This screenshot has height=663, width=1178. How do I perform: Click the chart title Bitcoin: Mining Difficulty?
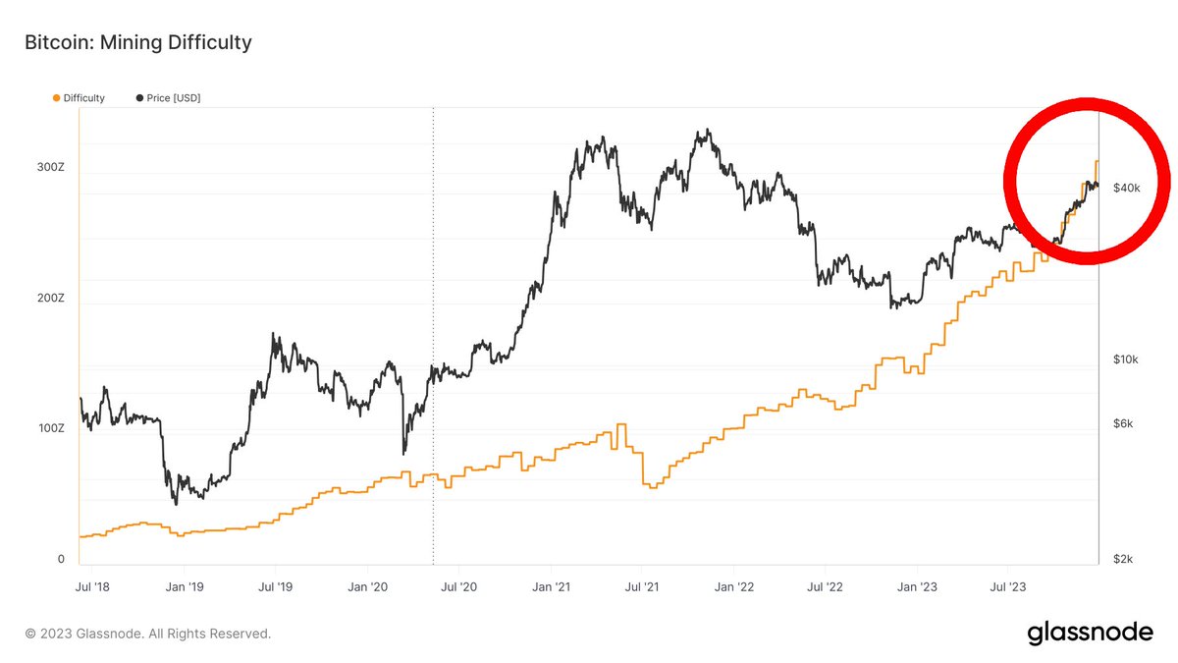(137, 43)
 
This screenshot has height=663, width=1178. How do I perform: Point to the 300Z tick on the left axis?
(51, 168)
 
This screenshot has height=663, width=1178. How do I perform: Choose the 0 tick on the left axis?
(60, 559)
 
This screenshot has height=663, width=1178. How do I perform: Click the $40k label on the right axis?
(1126, 188)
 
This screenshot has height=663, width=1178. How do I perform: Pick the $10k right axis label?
(1125, 359)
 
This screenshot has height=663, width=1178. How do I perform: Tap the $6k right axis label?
(1123, 424)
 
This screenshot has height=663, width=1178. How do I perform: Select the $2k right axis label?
(1123, 559)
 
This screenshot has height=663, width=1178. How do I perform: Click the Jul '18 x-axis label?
(91, 587)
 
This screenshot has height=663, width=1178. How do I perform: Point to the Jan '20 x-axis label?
(367, 587)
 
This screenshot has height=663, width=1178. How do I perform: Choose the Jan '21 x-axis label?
(551, 587)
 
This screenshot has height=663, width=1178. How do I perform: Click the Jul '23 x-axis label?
(1008, 587)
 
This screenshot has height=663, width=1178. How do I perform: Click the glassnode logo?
(1090, 634)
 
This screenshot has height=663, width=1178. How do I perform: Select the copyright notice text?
(148, 634)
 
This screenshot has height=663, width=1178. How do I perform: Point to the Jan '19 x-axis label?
(184, 587)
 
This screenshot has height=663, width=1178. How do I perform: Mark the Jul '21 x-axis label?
(641, 587)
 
